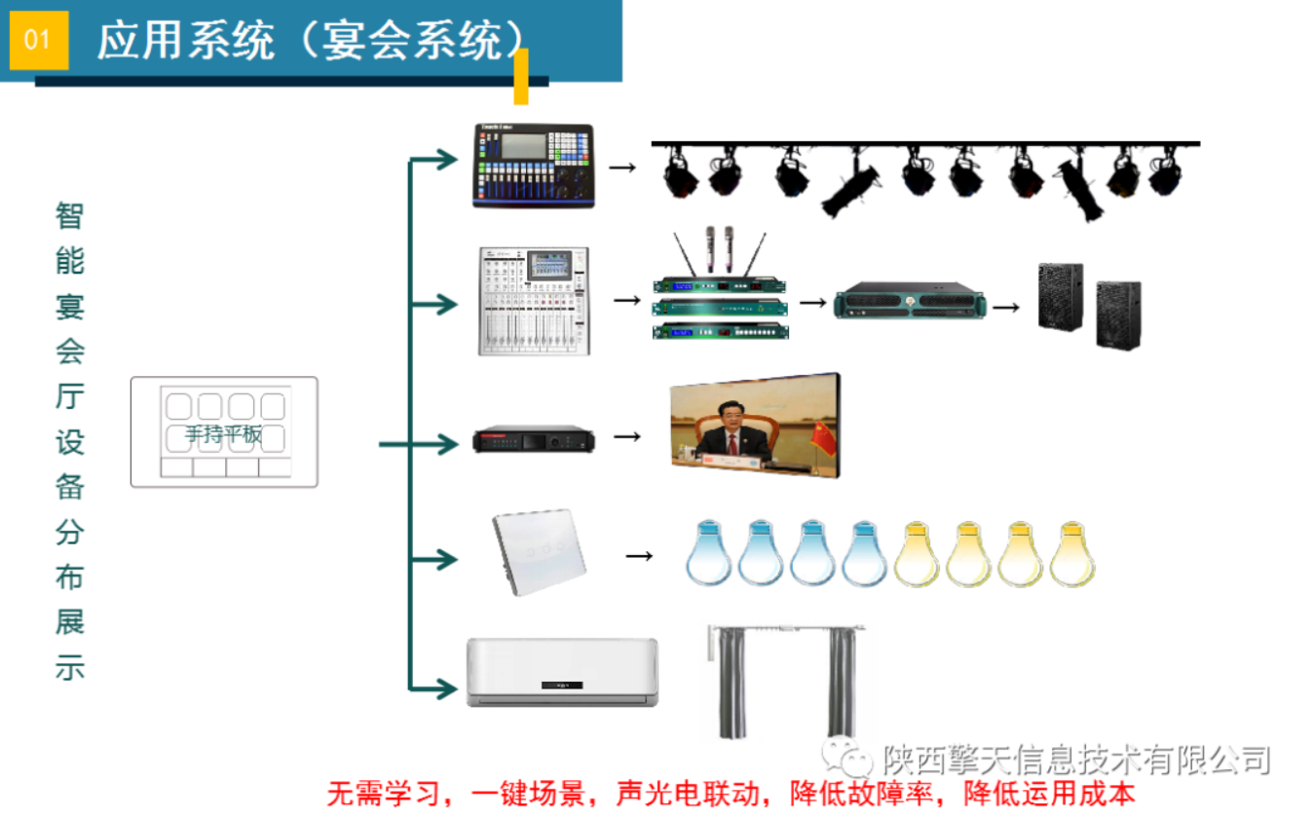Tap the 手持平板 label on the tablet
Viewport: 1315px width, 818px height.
coord(224,434)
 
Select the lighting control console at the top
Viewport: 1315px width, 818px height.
coord(533,166)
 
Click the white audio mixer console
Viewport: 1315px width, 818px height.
coord(534,301)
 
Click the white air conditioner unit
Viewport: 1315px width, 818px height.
coord(562,671)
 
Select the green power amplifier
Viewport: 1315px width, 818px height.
coord(910,301)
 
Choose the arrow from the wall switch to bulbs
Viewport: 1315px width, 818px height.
coord(638,556)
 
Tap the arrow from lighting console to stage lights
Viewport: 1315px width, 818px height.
coord(622,167)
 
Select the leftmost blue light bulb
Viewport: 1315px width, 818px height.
coord(708,554)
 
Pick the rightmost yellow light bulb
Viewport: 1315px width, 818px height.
coord(1072,554)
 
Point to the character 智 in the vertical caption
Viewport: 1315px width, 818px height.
coord(70,215)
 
